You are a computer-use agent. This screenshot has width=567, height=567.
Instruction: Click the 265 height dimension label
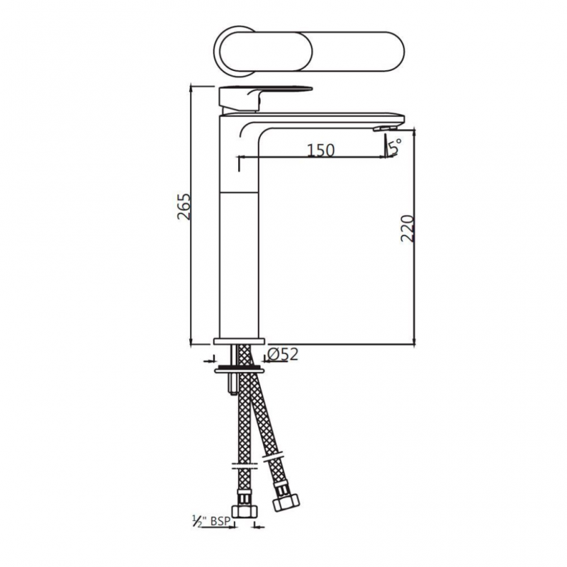(184, 207)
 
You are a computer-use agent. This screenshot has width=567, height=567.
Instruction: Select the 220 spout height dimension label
(407, 228)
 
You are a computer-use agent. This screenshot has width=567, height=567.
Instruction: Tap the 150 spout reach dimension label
(321, 150)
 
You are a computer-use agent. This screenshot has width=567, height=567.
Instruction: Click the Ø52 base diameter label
(283, 354)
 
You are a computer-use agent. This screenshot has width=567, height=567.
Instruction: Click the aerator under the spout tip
(386, 128)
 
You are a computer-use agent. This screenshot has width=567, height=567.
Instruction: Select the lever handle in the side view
(265, 99)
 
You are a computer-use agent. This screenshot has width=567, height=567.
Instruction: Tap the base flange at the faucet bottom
(239, 342)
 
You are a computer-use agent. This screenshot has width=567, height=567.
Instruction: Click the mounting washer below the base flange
(239, 370)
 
